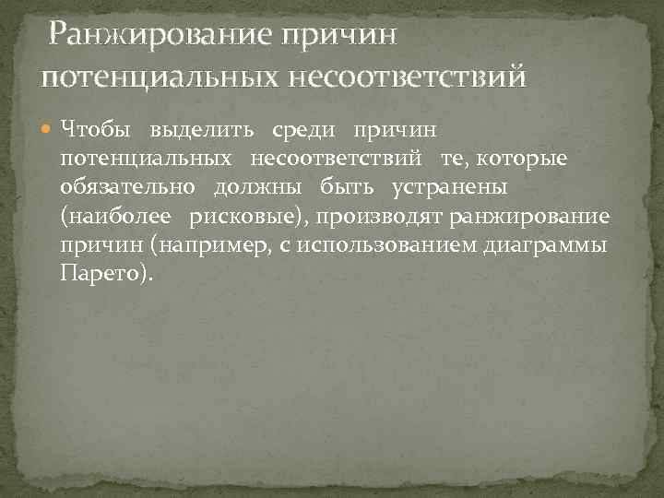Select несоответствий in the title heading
409,74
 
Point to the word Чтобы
91,127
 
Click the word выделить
195,127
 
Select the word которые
528,158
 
